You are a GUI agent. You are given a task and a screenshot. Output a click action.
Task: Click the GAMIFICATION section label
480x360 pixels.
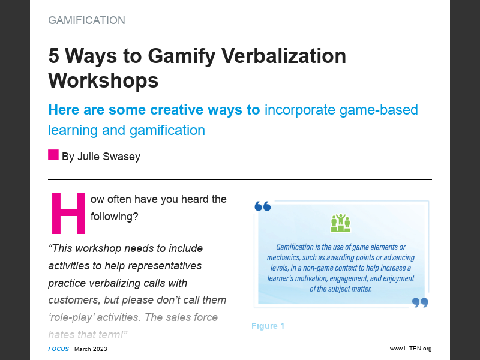(x=86, y=20)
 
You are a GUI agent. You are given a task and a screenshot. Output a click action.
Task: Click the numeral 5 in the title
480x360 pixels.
(x=55, y=56)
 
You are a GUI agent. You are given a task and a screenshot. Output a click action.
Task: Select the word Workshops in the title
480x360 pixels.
(x=103, y=80)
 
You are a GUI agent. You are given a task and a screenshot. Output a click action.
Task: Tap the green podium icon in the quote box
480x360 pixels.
(x=341, y=223)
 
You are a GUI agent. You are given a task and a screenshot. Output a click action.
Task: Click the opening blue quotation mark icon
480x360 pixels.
(x=263, y=206)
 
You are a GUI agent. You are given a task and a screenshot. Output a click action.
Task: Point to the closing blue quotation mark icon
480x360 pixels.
(x=420, y=302)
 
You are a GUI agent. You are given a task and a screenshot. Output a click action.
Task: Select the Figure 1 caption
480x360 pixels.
(x=268, y=326)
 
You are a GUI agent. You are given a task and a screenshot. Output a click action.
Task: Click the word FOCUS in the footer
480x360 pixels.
(x=58, y=349)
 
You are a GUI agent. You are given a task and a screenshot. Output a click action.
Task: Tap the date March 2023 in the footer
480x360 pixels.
(x=91, y=349)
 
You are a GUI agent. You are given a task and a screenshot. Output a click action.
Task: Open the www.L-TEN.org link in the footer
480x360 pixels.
(x=410, y=349)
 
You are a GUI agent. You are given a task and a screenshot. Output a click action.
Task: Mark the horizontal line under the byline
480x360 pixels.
(x=240, y=179)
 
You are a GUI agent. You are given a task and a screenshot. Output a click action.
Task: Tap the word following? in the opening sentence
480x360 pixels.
(x=115, y=217)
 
